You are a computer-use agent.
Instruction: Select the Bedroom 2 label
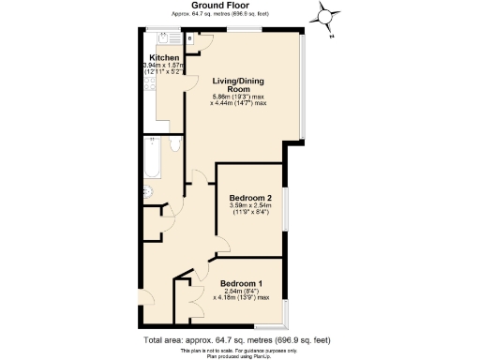250,198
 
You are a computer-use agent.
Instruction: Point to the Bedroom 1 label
241,283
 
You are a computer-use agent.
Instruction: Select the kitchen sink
168,39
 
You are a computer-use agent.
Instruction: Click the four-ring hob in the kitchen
147,89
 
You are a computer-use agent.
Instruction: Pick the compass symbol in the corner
325,17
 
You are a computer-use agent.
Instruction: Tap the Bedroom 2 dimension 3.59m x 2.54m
250,209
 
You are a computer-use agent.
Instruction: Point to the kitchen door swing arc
193,176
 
